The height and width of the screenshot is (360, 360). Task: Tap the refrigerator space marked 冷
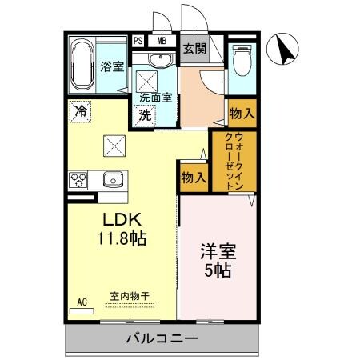coord(80,111)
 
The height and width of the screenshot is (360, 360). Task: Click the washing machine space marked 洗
coord(146,115)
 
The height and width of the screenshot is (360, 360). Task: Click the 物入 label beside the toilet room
coord(241,114)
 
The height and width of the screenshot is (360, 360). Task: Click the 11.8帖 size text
coord(122,238)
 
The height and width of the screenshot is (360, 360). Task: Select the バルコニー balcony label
coord(161,339)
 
